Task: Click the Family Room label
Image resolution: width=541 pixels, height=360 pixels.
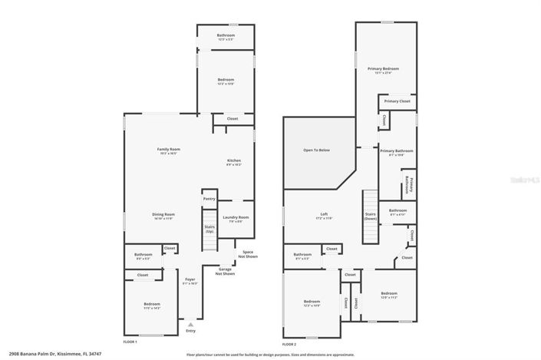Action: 168,150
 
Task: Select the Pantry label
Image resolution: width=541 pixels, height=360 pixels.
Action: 209,199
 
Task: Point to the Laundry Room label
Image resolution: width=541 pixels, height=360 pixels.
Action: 236,219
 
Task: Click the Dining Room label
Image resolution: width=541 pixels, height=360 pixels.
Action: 164,216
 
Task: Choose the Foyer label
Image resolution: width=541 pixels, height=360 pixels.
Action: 190,281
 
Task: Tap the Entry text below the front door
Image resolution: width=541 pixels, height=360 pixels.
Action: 190,331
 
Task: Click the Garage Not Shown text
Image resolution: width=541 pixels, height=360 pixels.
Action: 225,271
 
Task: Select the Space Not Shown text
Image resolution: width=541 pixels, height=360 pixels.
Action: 248,253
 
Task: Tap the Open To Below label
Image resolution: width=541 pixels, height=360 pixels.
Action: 316,150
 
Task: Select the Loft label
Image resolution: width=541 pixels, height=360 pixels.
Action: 323,216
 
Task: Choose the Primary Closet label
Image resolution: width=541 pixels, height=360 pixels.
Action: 397,101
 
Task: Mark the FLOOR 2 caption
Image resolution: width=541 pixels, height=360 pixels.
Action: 287,344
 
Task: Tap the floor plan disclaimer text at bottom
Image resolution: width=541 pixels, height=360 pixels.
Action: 270,355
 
